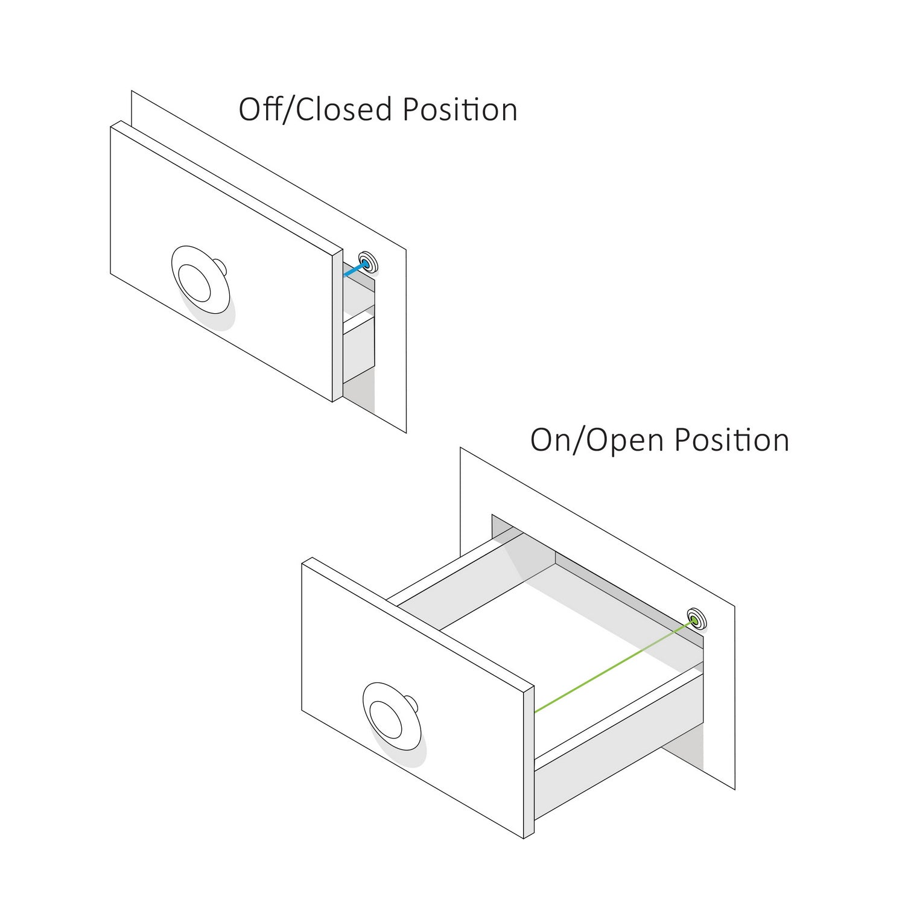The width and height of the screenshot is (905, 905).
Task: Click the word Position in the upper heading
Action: pos(460,110)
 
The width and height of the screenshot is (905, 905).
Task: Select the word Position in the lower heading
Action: pos(731,440)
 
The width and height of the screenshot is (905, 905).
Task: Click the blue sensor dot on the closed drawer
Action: pos(365,264)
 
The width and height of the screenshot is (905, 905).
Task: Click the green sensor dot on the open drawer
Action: pos(694,620)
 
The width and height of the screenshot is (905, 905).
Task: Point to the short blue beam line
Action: pos(354,270)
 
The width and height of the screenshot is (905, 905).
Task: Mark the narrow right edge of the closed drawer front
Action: pos(338,326)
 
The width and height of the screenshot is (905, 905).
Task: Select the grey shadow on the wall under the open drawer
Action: pos(685,748)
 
